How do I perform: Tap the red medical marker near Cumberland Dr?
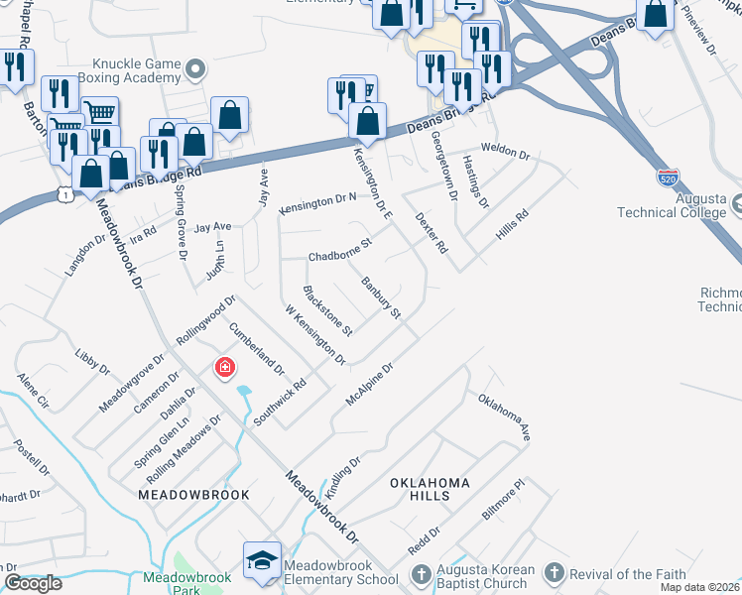[x=225, y=369]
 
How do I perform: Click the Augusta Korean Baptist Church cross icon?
[x=421, y=574]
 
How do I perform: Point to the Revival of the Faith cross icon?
[x=554, y=573]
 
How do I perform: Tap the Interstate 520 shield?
[x=668, y=178]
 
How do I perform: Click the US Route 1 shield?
[x=65, y=194]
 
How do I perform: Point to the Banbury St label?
[x=381, y=298]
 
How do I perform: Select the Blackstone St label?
[x=327, y=310]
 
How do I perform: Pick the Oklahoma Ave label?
[x=505, y=416]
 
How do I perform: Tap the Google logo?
[x=33, y=582]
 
